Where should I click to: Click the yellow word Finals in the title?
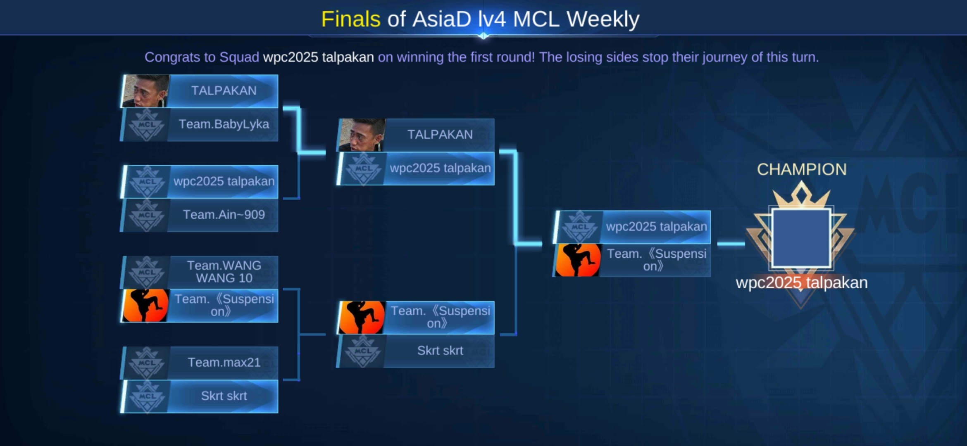pyautogui.click(x=351, y=19)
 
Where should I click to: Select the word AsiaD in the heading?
pyautogui.click(x=441, y=19)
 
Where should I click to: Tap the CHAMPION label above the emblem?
pyautogui.click(x=802, y=169)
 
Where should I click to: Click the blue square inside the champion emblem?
pyautogui.click(x=801, y=238)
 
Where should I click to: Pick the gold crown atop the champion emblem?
pyautogui.click(x=801, y=194)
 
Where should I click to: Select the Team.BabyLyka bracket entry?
pyautogui.click(x=199, y=124)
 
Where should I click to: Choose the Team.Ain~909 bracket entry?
pyautogui.click(x=199, y=215)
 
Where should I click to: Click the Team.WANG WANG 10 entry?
pyautogui.click(x=199, y=272)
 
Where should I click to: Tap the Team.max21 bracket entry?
pyautogui.click(x=199, y=363)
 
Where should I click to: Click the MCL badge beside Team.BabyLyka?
pyautogui.click(x=147, y=125)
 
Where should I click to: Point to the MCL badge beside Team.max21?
pyautogui.click(x=147, y=363)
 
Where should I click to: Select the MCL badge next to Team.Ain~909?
pyautogui.click(x=147, y=215)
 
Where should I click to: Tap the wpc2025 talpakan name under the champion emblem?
pyautogui.click(x=802, y=283)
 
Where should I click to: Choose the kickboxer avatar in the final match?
pyautogui.click(x=578, y=260)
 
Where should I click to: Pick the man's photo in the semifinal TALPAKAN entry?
pyautogui.click(x=362, y=135)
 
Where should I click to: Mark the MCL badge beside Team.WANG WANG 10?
pyautogui.click(x=147, y=272)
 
